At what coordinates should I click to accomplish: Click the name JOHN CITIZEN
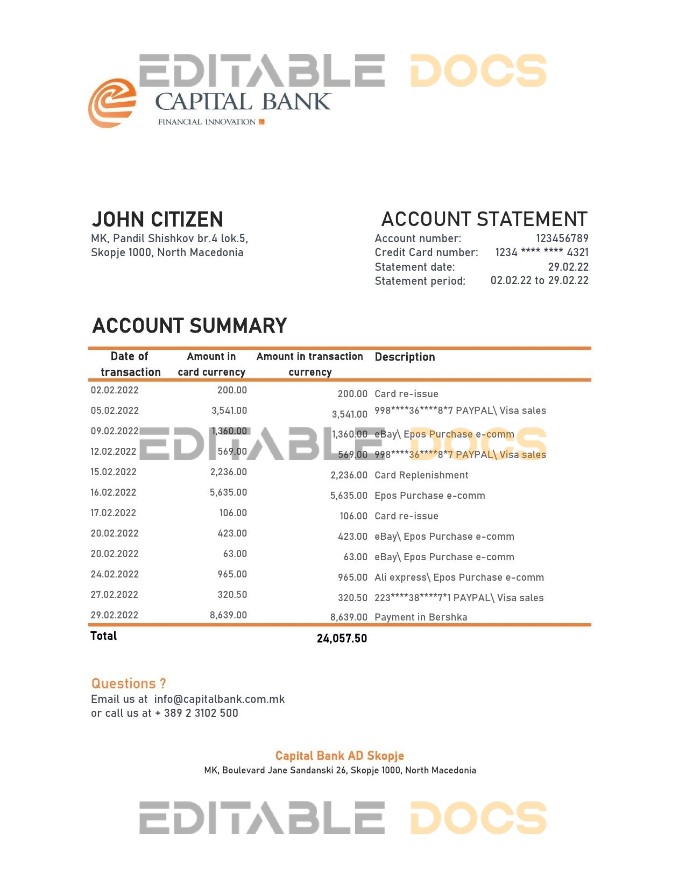pyautogui.click(x=157, y=220)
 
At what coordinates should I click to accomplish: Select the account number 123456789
pyautogui.click(x=562, y=238)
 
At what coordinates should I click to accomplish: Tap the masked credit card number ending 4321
pyautogui.click(x=541, y=252)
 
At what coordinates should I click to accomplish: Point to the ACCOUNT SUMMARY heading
pyautogui.click(x=189, y=326)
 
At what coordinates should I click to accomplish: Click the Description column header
pyautogui.click(x=405, y=357)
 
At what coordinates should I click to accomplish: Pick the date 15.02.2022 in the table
pyautogui.click(x=114, y=472)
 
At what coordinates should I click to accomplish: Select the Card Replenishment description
pyautogui.click(x=421, y=475)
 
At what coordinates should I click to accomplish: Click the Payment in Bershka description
pyautogui.click(x=421, y=617)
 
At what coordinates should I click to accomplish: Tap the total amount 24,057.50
pyautogui.click(x=342, y=638)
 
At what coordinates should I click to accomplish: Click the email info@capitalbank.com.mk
pyautogui.click(x=219, y=699)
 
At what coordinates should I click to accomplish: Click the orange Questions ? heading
pyautogui.click(x=129, y=683)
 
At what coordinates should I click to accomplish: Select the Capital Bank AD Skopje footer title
pyautogui.click(x=340, y=756)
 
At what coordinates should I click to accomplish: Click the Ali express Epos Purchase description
pyautogui.click(x=459, y=577)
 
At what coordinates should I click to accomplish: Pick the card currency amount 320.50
pyautogui.click(x=232, y=595)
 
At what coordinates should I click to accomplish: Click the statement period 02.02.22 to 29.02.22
pyautogui.click(x=539, y=280)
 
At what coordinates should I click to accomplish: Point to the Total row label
pyautogui.click(x=104, y=636)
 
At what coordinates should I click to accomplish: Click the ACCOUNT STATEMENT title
pyautogui.click(x=484, y=220)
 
